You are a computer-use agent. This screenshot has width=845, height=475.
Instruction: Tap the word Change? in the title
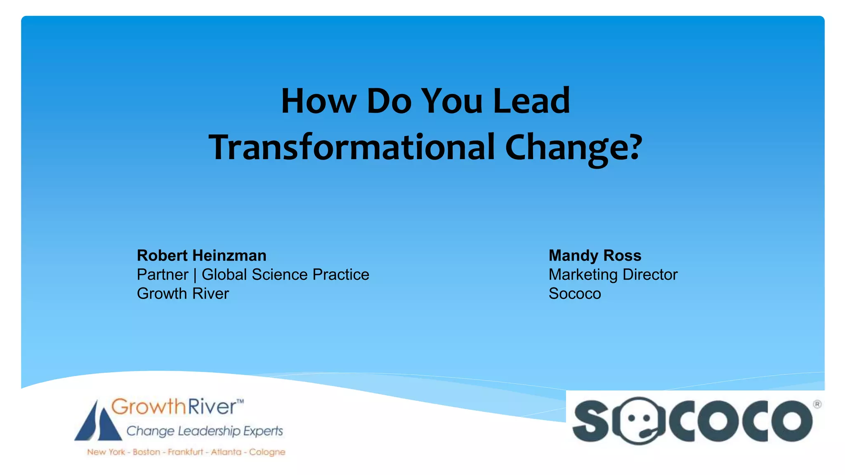pyautogui.click(x=574, y=148)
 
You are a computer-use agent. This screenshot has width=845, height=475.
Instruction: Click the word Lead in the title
pyautogui.click(x=531, y=101)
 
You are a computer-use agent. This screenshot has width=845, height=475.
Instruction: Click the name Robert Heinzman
pyautogui.click(x=201, y=256)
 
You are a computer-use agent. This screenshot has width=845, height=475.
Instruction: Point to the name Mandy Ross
pyautogui.click(x=595, y=256)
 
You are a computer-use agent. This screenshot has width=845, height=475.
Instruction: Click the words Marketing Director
pyautogui.click(x=613, y=275)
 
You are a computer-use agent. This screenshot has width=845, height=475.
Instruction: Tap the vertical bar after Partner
pyautogui.click(x=195, y=275)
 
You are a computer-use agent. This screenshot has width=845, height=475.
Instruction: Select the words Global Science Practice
pyautogui.click(x=285, y=275)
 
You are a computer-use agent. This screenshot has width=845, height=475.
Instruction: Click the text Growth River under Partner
pyautogui.click(x=183, y=294)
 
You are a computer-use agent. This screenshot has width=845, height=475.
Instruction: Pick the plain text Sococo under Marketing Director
pyautogui.click(x=574, y=294)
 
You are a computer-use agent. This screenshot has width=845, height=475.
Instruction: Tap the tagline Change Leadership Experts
pyautogui.click(x=205, y=431)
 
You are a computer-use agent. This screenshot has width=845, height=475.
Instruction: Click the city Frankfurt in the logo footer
pyautogui.click(x=185, y=452)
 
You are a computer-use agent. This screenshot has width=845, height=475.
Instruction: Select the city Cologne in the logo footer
pyautogui.click(x=267, y=452)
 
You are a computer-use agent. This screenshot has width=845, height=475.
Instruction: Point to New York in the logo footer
pyautogui.click(x=106, y=452)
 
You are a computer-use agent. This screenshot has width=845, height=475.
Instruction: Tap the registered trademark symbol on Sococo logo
pyautogui.click(x=817, y=404)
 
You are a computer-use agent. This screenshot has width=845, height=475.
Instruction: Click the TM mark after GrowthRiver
pyautogui.click(x=240, y=401)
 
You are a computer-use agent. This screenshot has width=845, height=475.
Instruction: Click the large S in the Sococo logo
pyautogui.click(x=590, y=421)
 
